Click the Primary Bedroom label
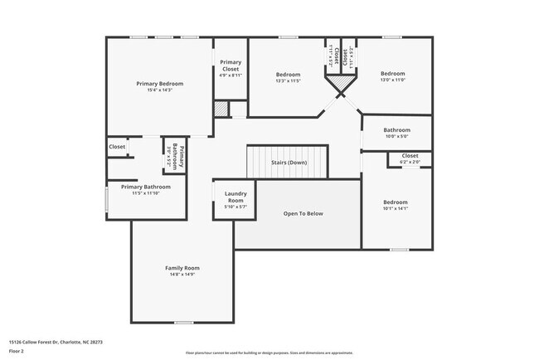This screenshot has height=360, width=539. click(160, 84)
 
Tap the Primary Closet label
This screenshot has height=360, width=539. click(231, 66)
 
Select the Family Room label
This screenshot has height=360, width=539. click(182, 268)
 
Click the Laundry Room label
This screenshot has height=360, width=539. click(236, 197)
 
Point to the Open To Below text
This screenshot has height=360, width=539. click(303, 213)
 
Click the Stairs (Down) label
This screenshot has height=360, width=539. click(289, 163)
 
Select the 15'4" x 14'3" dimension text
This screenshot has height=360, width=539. click(160, 90)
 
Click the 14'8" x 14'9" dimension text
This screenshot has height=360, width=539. click(182, 275)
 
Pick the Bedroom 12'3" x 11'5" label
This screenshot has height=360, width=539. click(288, 75)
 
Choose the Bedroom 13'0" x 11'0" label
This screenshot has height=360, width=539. click(392, 73)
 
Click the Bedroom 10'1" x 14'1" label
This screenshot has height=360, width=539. click(395, 202)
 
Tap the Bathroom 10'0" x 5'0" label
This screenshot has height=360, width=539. click(396, 130)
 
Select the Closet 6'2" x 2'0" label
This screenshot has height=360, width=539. click(410, 155)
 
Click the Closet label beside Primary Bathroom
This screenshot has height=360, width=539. click(117, 147)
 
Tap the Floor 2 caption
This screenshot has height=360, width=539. click(17, 351)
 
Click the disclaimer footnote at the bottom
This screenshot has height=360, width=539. click(269, 352)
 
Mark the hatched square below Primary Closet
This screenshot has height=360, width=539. click(221, 109)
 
